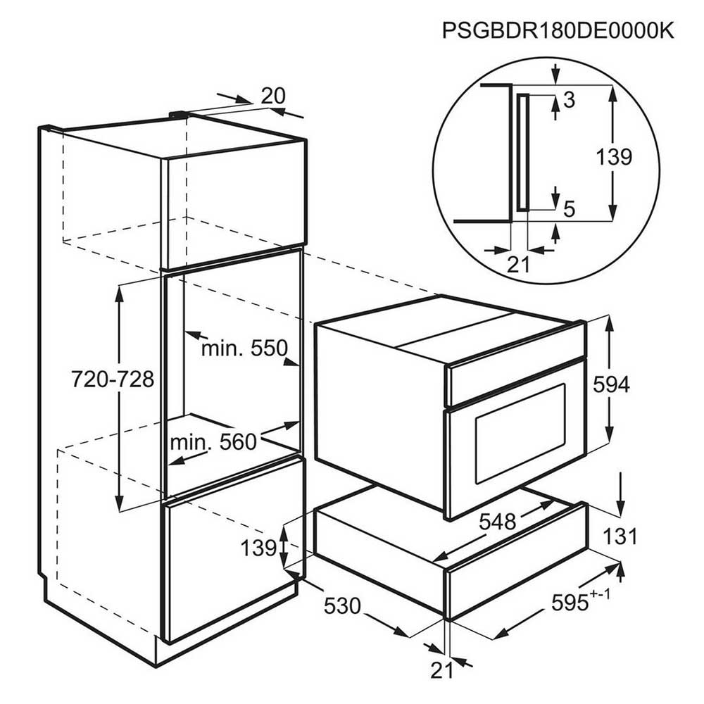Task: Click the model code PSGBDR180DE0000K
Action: point(558,30)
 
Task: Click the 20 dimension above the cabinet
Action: point(273,96)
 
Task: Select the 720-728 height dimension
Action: point(113,379)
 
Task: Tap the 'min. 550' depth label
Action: point(244,348)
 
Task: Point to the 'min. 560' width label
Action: point(213,442)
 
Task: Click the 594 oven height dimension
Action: point(612,384)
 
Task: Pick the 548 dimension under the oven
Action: point(498,522)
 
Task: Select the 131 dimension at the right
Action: point(620,536)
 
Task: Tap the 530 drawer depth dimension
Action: point(343,606)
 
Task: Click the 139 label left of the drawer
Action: point(258,548)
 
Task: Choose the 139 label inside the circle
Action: point(614,157)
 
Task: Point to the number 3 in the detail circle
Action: point(569,100)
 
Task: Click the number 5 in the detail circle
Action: point(569,209)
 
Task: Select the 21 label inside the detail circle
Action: point(519,265)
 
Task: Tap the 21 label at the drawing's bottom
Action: point(442,670)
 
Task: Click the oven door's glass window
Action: point(521,433)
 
